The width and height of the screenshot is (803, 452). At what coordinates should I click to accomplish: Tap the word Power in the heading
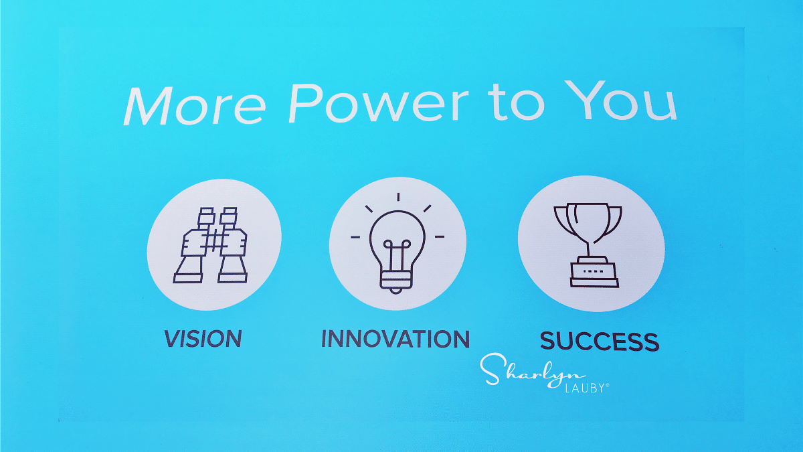(x=379, y=103)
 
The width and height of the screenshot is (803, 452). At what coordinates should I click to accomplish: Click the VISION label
(x=203, y=339)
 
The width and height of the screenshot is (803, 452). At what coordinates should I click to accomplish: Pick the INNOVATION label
(x=395, y=339)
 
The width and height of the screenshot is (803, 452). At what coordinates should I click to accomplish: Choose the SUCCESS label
(x=600, y=341)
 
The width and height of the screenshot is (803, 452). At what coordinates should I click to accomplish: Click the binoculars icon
(x=210, y=245)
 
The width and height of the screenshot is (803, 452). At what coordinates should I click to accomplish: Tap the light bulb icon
(x=397, y=244)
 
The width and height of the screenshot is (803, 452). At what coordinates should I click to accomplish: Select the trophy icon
(x=589, y=245)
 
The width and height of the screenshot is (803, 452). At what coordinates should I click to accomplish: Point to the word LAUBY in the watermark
(x=586, y=388)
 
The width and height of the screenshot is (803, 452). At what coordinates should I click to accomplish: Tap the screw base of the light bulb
(x=395, y=281)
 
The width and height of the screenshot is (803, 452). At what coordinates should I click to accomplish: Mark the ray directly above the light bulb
(x=398, y=197)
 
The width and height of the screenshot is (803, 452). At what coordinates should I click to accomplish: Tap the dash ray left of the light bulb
(x=355, y=237)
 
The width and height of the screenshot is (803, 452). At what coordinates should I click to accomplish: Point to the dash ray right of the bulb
(x=440, y=237)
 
